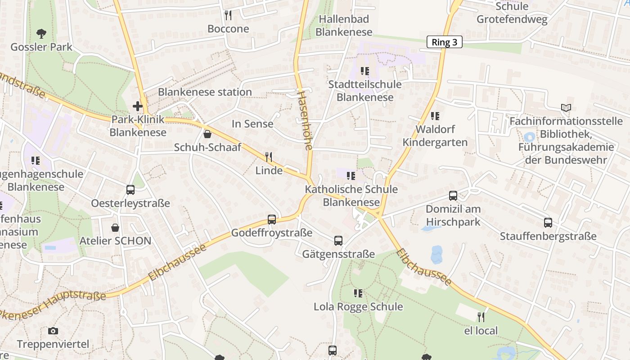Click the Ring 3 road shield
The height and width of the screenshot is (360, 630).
(x=444, y=42)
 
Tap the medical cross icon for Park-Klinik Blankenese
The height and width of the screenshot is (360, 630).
(x=138, y=106)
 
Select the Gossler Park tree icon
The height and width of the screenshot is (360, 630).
(x=41, y=33)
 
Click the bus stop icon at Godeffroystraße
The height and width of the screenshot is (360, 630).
(x=272, y=219)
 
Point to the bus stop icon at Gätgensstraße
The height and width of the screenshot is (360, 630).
(x=338, y=241)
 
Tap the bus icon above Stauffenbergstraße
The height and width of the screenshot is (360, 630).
(x=548, y=222)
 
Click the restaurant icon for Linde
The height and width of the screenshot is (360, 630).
(x=269, y=157)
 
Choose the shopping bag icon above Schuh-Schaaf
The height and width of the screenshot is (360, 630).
(x=207, y=134)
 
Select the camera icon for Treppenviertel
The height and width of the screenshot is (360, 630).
(x=53, y=331)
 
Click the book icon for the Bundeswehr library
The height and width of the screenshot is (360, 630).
(x=566, y=108)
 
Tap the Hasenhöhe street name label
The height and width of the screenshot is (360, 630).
(x=305, y=120)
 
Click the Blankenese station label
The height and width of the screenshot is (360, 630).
(x=205, y=92)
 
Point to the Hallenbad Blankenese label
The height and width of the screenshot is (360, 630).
(x=344, y=26)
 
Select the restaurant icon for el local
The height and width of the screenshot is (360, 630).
(x=481, y=317)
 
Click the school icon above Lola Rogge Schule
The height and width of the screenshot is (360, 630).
(x=358, y=293)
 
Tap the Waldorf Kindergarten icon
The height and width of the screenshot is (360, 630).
(x=435, y=116)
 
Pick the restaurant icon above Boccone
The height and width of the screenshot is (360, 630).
(x=228, y=15)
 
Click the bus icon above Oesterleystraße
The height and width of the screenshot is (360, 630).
(x=130, y=189)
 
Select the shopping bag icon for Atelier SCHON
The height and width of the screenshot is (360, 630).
(x=115, y=227)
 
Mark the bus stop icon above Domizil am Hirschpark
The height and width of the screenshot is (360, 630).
(x=453, y=196)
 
